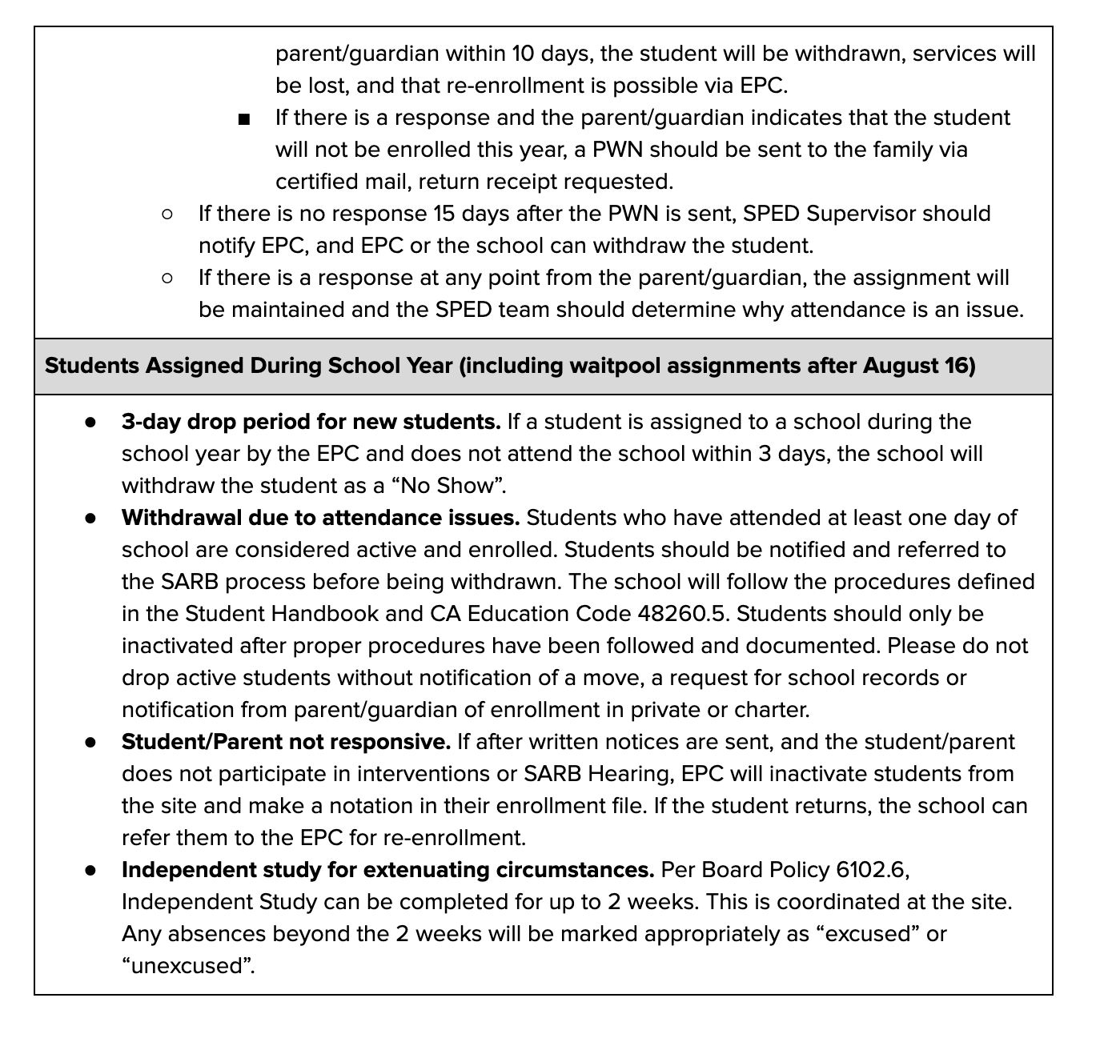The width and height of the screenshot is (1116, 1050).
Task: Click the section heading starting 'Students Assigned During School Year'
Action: click(x=510, y=366)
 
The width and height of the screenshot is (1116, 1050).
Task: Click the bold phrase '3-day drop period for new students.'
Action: click(x=311, y=422)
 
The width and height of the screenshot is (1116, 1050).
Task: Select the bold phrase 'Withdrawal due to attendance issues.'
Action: click(x=320, y=518)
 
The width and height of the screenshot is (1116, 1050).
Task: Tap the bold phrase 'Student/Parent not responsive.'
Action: click(x=286, y=742)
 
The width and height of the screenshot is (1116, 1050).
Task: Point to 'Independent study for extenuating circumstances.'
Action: click(x=387, y=870)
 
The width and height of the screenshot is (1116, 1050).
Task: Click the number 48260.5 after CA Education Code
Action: click(x=681, y=614)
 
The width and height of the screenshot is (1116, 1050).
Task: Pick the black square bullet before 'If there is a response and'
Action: click(x=244, y=119)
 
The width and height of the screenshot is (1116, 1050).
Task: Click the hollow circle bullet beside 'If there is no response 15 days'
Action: click(x=167, y=214)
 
